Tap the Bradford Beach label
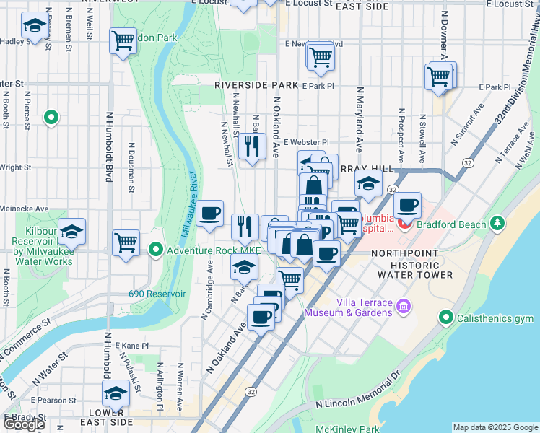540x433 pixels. pos(452,224)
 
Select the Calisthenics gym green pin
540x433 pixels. pos(445,318)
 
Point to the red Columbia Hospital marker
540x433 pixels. pos(404,224)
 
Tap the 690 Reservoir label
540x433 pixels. pos(157,294)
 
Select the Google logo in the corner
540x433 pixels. pos(24,424)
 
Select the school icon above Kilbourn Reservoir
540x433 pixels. pos(71,231)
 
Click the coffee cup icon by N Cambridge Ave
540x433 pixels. pos(209,213)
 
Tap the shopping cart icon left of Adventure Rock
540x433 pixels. pos(126,242)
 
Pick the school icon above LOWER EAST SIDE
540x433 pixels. pos(116,394)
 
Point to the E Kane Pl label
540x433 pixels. pos(130,346)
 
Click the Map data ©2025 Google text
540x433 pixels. pos(495,427)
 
